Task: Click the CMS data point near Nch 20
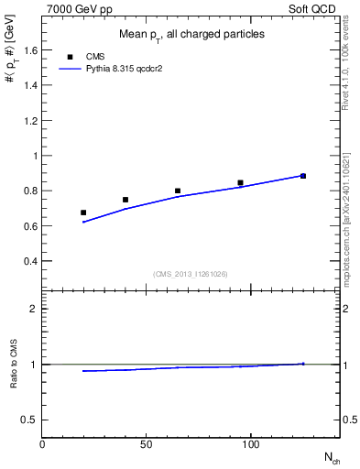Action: coord(83,213)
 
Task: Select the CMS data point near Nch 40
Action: coord(125,200)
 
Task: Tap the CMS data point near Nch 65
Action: coord(178,191)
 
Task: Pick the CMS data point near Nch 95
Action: coord(240,183)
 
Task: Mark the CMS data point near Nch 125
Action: coord(303,176)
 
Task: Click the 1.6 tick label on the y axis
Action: coord(29,51)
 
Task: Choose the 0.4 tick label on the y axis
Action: coord(29,261)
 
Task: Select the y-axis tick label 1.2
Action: coord(29,121)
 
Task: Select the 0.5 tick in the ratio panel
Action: coord(29,420)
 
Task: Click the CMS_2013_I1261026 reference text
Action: coord(191,274)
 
